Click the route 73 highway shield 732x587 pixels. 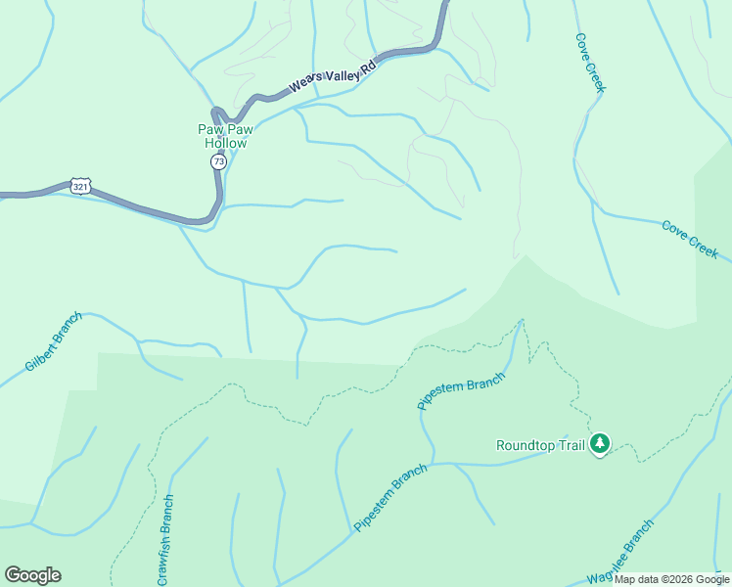[x=218, y=161]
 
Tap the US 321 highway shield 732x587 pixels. [x=80, y=185]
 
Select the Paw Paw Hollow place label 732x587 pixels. [x=225, y=135]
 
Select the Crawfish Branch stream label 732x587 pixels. [x=166, y=541]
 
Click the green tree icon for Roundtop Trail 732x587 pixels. [x=600, y=445]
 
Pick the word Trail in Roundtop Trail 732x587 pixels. [x=572, y=445]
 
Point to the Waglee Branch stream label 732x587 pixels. [x=620, y=554]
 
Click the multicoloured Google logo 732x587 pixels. [x=32, y=575]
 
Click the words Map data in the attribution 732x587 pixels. [x=636, y=579]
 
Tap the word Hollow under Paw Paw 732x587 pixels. [x=225, y=143]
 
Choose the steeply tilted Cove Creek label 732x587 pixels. [x=591, y=65]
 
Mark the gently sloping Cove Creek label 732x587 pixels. [x=690, y=239]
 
